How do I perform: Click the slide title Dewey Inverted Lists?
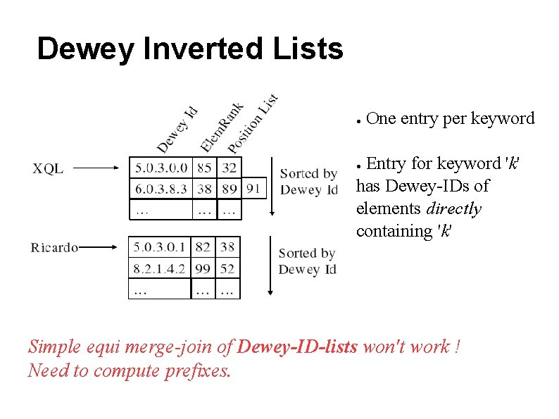189,49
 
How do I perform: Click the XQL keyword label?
48,168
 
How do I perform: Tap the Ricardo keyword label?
54,247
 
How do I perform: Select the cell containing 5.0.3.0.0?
161,168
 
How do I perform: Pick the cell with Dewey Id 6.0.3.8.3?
161,188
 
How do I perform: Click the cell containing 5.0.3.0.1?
161,246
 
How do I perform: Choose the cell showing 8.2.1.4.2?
161,268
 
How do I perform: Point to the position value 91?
254,188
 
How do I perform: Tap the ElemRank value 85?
204,168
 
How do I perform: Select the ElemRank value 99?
203,268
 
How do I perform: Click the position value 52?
227,268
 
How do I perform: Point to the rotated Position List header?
253,124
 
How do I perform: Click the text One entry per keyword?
451,118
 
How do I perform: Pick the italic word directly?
454,208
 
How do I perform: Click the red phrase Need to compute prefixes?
129,370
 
